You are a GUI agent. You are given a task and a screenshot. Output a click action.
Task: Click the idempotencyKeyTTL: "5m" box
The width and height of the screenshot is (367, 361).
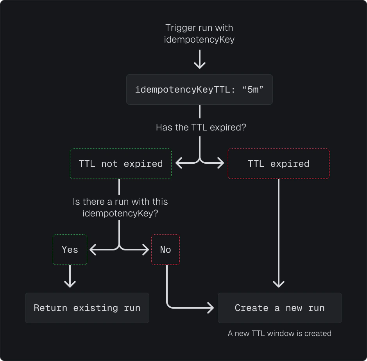point(199,89)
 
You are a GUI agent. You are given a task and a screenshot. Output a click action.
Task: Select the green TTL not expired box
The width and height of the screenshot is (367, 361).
point(121,164)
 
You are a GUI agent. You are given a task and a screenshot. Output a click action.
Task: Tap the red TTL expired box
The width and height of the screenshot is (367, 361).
point(278,164)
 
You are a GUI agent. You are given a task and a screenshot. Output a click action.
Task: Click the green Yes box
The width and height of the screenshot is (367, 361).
point(70,250)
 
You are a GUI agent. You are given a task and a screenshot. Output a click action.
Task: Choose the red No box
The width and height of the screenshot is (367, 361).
point(165,250)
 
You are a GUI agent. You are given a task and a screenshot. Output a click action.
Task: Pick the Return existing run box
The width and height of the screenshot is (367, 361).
point(87,308)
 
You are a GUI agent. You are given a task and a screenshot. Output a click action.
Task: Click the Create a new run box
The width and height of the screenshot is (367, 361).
point(279,308)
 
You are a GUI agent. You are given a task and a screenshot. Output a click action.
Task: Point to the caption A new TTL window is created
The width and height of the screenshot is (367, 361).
point(279,333)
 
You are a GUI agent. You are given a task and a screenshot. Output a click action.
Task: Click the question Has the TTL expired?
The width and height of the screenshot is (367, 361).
point(201,127)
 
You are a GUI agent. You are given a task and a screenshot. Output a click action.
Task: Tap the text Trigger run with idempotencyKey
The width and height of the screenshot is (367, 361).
point(199,34)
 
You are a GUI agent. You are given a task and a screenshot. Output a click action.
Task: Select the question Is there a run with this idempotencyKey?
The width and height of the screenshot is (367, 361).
point(120,207)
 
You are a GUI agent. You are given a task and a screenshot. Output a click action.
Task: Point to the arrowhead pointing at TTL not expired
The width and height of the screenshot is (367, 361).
point(179,163)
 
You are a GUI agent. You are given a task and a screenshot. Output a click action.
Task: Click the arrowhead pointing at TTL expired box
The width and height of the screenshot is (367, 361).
point(221,163)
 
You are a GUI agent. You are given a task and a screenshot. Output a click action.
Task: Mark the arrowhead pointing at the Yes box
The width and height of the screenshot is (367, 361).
point(93,249)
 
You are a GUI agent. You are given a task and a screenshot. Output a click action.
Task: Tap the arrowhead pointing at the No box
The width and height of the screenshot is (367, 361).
point(146,249)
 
